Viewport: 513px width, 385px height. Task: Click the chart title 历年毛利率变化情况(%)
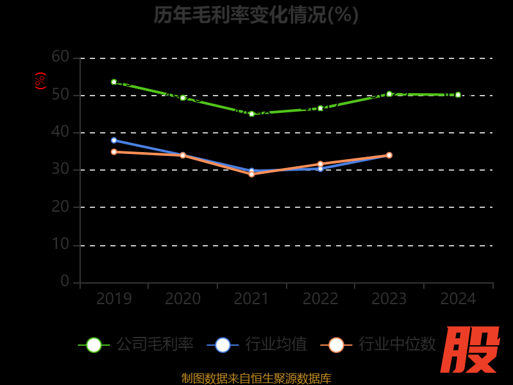coord(256,15)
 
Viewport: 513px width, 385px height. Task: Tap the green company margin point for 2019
coord(114,82)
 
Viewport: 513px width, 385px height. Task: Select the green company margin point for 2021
coord(251,114)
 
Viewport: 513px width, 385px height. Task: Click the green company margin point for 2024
coord(458,95)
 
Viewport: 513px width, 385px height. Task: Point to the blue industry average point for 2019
coord(114,140)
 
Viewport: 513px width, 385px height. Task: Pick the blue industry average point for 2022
coord(320,169)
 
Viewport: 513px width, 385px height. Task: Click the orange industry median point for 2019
coord(114,152)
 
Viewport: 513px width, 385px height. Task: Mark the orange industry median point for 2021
coord(251,174)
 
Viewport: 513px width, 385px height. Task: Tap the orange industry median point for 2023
coord(389,155)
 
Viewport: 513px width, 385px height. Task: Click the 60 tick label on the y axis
coord(60,57)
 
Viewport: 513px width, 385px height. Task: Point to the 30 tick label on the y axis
coord(60,170)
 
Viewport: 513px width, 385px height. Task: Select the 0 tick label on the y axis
coord(65,281)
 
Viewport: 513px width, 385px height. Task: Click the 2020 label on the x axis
coord(183,299)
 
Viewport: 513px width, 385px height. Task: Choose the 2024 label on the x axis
coord(458,299)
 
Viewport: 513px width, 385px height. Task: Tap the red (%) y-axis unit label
coord(40,81)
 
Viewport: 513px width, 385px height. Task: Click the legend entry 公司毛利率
coord(136,345)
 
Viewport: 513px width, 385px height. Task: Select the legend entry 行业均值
coord(257,345)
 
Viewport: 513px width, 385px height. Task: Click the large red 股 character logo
coord(471,350)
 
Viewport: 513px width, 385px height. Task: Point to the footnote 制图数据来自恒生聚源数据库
coord(256,378)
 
